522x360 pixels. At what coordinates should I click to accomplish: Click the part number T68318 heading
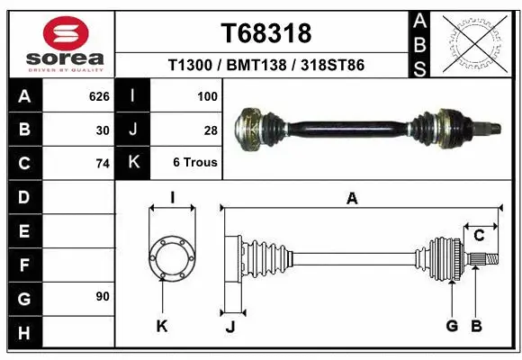point(265,33)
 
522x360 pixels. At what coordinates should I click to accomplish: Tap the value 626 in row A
point(99,96)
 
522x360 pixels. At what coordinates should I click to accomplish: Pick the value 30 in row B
point(103,130)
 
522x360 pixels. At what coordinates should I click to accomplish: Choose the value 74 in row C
point(103,164)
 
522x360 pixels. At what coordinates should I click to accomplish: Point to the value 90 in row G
point(101,296)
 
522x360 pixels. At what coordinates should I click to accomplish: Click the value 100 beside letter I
point(207,96)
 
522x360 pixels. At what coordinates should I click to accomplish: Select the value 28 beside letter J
point(211,130)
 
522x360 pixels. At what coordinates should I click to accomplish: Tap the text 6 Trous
point(195,164)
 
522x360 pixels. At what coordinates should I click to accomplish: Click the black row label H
point(23,332)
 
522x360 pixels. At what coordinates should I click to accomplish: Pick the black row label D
point(23,197)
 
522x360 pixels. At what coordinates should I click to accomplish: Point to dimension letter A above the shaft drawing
point(352,198)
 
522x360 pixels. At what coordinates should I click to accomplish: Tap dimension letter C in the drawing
point(479,236)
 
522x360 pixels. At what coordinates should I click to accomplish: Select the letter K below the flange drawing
point(162,326)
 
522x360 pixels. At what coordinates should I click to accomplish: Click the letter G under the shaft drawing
point(452,326)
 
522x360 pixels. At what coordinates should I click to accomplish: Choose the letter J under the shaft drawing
point(230,327)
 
